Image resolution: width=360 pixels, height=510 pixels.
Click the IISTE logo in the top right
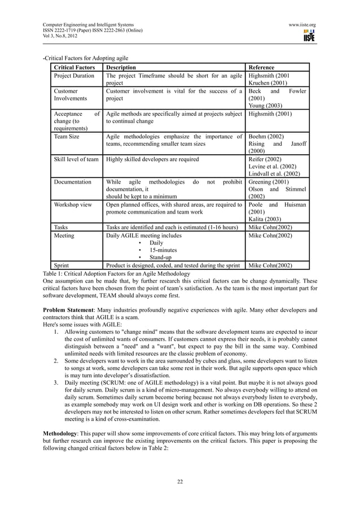(x=308, y=36)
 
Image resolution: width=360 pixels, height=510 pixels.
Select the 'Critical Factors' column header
(x=74, y=67)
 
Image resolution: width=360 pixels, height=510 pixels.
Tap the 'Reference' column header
(x=262, y=67)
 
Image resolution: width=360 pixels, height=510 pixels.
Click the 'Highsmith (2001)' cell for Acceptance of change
(x=270, y=113)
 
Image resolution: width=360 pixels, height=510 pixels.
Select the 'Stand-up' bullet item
(x=161, y=257)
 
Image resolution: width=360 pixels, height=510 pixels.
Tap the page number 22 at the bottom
(x=180, y=482)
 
